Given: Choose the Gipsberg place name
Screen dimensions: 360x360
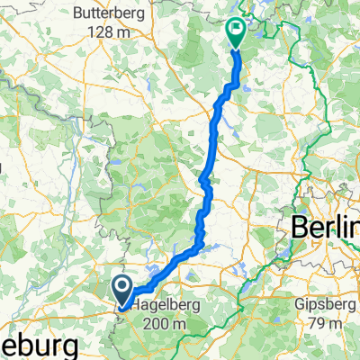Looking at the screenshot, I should coord(323,306).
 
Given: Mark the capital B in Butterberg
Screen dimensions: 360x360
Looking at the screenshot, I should coord(77,13).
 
